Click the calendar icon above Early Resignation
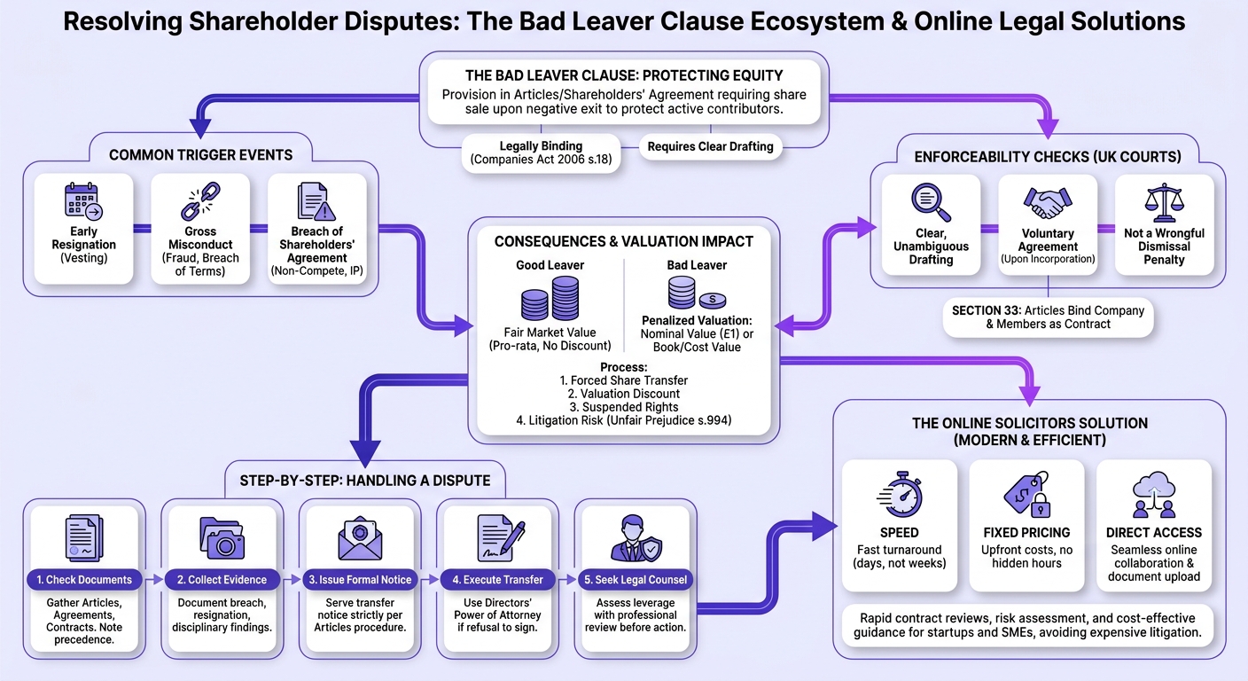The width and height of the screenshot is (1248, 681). pos(83,200)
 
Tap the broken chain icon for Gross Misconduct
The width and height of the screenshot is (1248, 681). pos(200,200)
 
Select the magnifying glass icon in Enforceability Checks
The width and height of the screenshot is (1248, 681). pos(931,202)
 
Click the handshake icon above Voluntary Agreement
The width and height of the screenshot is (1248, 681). pos(1048,202)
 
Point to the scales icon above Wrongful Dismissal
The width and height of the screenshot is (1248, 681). pos(1164,202)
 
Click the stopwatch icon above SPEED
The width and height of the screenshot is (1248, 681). pos(900,496)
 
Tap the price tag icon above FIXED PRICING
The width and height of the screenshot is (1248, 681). pos(1026,495)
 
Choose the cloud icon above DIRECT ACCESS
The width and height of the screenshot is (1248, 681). pos(1154,495)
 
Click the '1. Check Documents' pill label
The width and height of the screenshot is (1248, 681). pos(84,580)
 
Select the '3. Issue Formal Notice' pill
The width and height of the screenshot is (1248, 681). pos(360,580)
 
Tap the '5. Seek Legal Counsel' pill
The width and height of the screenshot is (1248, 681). pos(636,580)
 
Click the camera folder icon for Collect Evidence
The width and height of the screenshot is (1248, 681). pos(222,537)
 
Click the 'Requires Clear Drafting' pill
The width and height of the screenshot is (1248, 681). pos(710,146)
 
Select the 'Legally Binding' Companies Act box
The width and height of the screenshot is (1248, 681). pos(541,153)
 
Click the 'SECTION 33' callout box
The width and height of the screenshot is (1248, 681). pos(1048,317)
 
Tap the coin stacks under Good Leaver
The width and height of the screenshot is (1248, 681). pos(550,299)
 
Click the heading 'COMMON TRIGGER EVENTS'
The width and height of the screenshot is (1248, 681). pos(200,155)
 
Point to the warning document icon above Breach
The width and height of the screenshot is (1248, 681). pos(316,200)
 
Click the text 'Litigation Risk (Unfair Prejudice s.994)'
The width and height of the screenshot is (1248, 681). pos(623,420)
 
